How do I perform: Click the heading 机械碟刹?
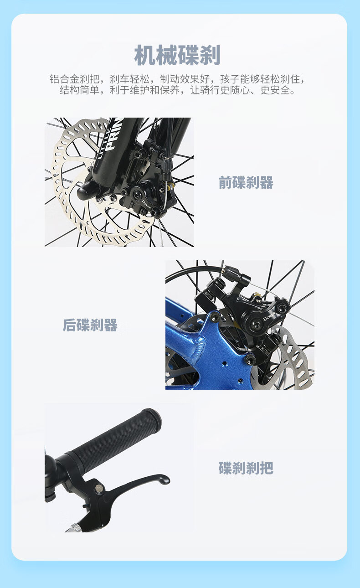coord(177,55)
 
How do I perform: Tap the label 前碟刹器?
coord(246,182)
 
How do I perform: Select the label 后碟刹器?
coord(90,325)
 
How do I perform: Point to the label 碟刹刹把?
coord(246,468)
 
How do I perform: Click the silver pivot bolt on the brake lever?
coord(99,488)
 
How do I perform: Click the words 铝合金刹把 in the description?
coord(75,79)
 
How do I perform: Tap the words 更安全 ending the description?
coord(275,90)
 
